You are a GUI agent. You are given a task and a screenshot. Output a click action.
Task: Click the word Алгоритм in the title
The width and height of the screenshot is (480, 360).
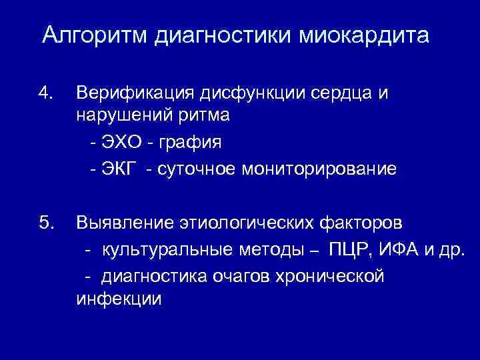pos(95,35)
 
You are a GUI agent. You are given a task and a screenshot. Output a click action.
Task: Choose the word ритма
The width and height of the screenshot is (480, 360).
pos(203,115)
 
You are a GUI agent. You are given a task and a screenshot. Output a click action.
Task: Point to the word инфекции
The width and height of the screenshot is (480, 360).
pos(119,299)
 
